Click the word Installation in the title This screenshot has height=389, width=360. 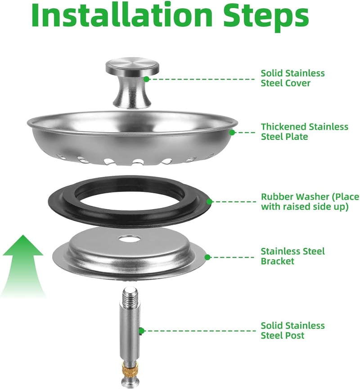tap(122, 15)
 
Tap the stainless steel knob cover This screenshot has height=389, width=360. tap(132, 83)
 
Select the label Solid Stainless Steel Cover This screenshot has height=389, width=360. tap(292, 78)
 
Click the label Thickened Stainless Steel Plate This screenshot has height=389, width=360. tap(304, 131)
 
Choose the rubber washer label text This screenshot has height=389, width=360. tap(310, 201)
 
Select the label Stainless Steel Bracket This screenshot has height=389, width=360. tap(292, 256)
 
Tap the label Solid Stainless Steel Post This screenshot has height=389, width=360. tap(292, 330)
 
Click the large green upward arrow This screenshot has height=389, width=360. tap(23, 265)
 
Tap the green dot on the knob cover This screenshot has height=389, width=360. tap(147, 79)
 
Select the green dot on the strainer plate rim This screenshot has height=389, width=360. tap(232, 133)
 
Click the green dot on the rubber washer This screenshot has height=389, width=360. tap(209, 201)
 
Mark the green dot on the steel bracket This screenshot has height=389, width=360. tap(207, 257)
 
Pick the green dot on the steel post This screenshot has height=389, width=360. tap(141, 331)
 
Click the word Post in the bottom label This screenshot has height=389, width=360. tap(295, 335)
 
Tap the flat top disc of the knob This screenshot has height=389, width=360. tap(132, 65)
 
